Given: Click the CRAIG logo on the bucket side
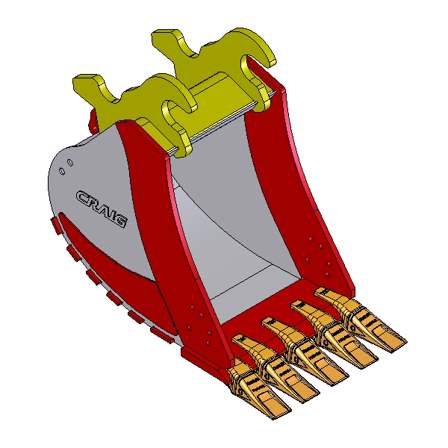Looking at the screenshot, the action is coord(102,209).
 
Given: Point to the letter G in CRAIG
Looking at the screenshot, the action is coord(119,220).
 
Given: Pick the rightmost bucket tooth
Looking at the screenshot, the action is coord(361,320).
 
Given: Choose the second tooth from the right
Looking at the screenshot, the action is coord(334,335).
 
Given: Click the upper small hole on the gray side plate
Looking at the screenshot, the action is coord(70,163).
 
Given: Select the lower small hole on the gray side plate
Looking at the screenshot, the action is coord(62,172).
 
